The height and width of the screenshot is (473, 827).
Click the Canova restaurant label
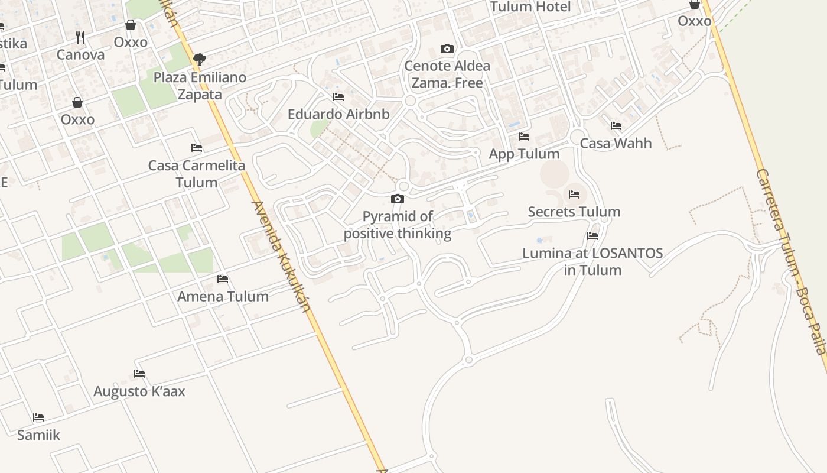(80, 55)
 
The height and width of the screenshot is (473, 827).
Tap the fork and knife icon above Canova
(80, 38)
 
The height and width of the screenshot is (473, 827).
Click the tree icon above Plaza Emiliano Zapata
(200, 59)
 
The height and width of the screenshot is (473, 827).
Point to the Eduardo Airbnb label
(338, 114)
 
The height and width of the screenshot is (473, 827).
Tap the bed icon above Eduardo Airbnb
(338, 96)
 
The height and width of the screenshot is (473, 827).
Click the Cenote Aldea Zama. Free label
(447, 74)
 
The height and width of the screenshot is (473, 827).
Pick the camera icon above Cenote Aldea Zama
(447, 48)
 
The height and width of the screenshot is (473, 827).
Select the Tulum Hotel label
(530, 7)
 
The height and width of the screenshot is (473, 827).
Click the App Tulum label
(524, 154)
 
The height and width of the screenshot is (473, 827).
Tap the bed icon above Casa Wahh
(616, 126)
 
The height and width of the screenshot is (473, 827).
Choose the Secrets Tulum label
(574, 212)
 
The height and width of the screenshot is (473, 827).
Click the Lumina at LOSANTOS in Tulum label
(592, 261)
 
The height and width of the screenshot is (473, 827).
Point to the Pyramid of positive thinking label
(398, 225)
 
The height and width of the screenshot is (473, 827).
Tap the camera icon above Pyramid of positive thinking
(398, 199)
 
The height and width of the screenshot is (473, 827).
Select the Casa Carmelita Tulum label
(197, 174)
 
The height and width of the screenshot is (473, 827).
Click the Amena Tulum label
(223, 296)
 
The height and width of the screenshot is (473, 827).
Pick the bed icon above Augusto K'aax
(139, 374)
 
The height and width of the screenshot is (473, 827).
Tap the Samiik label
(38, 435)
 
